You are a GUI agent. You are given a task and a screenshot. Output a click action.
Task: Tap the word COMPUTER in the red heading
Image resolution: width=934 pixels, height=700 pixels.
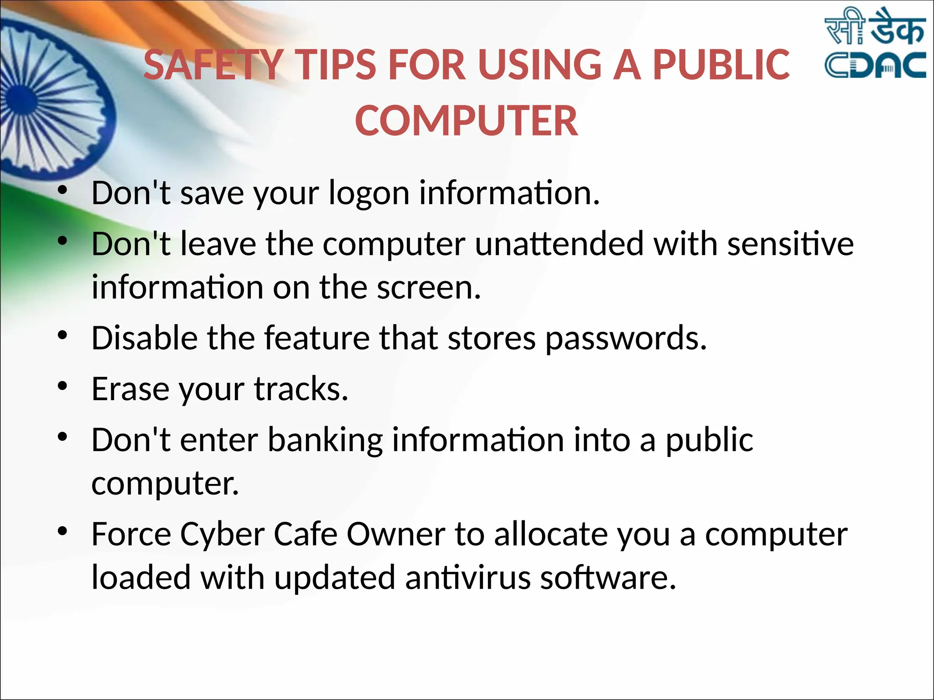tap(467, 121)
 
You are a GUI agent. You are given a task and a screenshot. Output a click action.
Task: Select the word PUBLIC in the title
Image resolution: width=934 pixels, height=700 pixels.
tap(721, 65)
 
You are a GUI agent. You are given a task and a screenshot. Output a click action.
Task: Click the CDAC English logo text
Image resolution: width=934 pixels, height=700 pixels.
tap(875, 66)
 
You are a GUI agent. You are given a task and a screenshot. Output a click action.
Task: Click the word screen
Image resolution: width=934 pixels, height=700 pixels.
tap(429, 288)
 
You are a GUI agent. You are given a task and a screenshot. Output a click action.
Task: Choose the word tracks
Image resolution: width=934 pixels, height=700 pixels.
tap(301, 389)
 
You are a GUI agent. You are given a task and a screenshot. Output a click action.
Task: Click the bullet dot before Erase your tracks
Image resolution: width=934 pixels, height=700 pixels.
tap(62, 386)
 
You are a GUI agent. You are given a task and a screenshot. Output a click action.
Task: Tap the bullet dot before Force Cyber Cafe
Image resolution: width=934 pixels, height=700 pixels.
tap(62, 531)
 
